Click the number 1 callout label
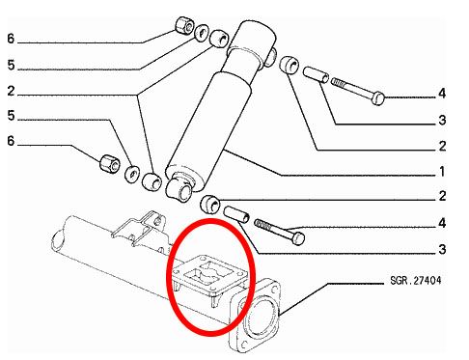point(442,172)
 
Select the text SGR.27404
point(416,280)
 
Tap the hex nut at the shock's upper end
point(185,25)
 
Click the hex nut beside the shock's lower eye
point(110,164)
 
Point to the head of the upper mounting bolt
point(378,98)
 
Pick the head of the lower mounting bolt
point(298,238)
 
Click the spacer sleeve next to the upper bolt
point(317,74)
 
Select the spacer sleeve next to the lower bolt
point(236,214)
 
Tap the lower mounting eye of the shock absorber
point(179,189)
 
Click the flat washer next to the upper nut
point(202,33)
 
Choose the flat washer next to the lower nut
point(132,174)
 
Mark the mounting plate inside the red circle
point(210,276)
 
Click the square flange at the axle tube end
point(255,315)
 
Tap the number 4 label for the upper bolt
point(442,94)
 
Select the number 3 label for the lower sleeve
point(442,249)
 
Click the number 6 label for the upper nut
point(11,39)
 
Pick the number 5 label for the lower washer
point(12,116)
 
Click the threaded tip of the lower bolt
point(262,224)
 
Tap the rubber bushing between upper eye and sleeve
point(289,66)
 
